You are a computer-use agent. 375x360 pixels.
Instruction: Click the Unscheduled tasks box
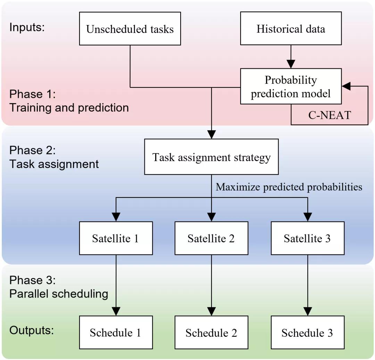pos(130,28)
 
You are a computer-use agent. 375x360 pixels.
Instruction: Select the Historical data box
pos(291,28)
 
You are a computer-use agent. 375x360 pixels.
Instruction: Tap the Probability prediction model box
pos(291,86)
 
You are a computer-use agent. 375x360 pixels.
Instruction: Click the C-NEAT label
pos(330,115)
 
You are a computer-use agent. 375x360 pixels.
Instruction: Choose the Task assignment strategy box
pos(211,157)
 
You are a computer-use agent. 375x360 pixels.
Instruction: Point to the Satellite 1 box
pos(116,238)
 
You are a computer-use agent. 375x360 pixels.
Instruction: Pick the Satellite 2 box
pos(211,238)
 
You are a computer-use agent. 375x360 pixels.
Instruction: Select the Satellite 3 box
pos(307,238)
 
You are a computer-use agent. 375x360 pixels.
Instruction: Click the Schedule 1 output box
pos(116,332)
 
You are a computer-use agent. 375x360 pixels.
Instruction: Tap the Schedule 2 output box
pos(211,332)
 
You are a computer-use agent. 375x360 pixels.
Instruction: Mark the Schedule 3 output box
pos(307,332)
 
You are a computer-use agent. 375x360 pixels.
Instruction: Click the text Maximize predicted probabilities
pos(289,187)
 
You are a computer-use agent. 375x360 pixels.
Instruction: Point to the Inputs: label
pos(27,27)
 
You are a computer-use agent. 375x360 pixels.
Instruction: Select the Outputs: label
pos(32,330)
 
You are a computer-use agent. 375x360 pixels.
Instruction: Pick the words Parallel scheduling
pos(59,294)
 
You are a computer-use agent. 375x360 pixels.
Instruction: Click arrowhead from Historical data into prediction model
pos(291,64)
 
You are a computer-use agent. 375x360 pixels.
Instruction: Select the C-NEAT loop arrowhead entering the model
pos(346,86)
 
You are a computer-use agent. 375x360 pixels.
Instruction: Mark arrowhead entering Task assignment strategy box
pos(211,134)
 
